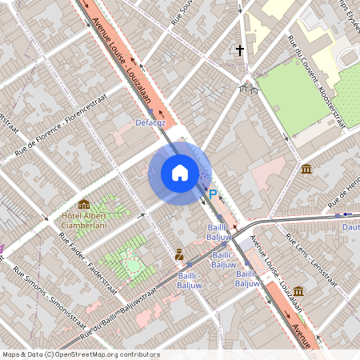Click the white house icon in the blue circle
180,173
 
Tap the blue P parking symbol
213,194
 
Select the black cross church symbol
239,50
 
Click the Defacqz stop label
150,122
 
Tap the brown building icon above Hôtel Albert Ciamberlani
84,205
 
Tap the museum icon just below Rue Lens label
298,290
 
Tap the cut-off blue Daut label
350,227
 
